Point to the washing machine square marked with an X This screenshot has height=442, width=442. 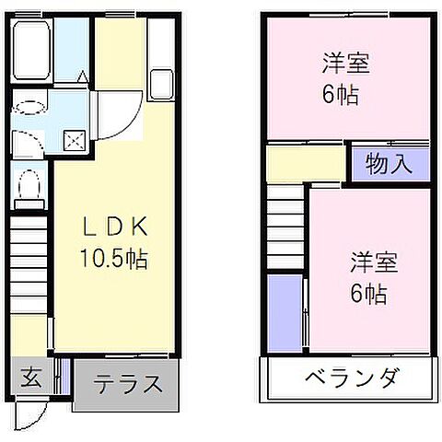tap(74, 140)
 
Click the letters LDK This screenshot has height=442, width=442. tap(115, 227)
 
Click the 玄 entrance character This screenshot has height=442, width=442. tap(30, 378)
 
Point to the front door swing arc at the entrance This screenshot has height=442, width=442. tap(30, 413)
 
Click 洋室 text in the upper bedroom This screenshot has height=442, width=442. tap(345, 66)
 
